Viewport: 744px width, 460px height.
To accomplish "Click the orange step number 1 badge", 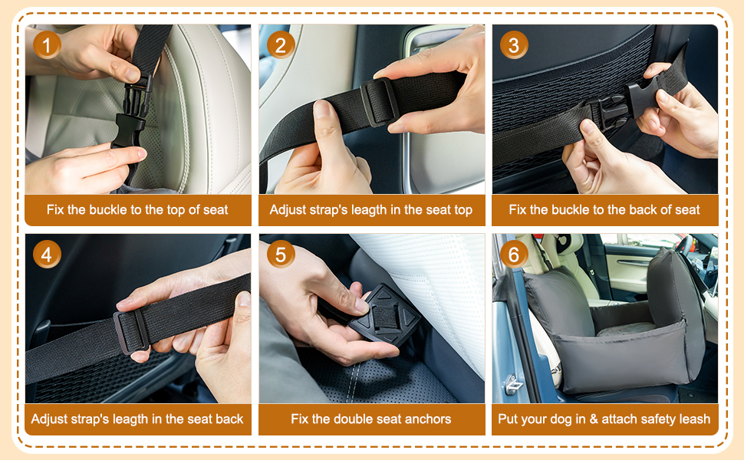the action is click(47, 45).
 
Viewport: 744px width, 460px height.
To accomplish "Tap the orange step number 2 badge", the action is click(281, 45).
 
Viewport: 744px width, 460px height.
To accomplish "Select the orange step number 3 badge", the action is click(514, 45).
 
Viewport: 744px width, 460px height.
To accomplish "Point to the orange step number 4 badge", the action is click(47, 255).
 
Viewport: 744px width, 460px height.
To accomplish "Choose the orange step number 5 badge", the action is click(281, 255).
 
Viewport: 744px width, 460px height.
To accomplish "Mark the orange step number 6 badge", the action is click(514, 255).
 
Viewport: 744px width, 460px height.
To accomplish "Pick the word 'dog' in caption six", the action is click(561, 419).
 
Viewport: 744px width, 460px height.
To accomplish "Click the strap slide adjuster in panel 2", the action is click(379, 102).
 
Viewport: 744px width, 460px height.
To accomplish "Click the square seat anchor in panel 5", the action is click(385, 314).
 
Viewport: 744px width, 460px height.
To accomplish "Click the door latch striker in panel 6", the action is click(513, 383).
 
